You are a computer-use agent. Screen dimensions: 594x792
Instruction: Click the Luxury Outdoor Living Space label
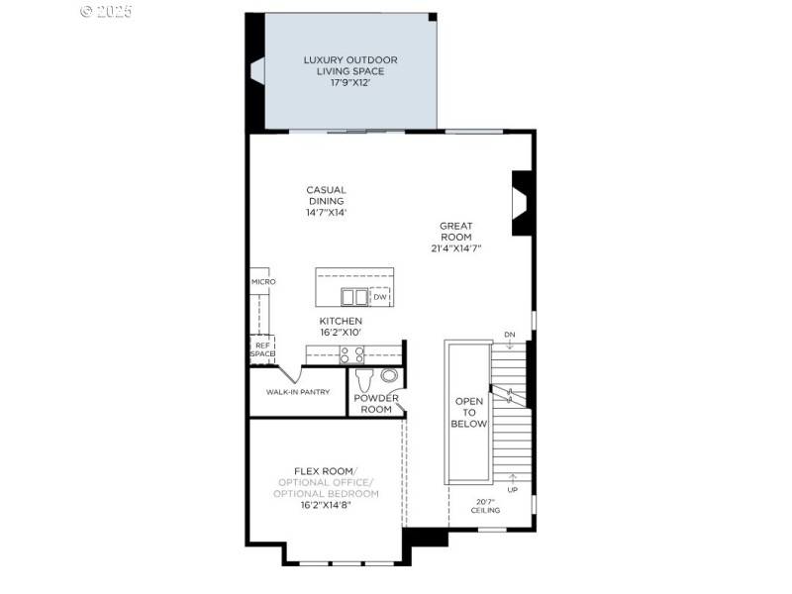coord(344,65)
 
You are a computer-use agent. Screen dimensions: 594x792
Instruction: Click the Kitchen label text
coord(340,321)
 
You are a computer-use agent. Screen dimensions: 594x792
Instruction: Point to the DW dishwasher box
coord(380,297)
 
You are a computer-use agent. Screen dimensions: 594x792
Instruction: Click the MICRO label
coord(262,282)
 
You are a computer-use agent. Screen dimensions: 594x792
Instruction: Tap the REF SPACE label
coord(262,349)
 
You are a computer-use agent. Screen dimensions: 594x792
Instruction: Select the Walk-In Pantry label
coord(297,392)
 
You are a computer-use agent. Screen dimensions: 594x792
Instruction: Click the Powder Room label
coord(376,404)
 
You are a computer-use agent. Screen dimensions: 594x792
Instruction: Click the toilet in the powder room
coord(363,380)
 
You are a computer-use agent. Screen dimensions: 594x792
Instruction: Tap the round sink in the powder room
coord(388,375)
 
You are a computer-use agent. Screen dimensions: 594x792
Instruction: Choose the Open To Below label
coord(470,412)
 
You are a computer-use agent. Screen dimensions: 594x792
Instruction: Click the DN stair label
coord(509,335)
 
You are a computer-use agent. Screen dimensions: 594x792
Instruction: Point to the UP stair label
coord(512,489)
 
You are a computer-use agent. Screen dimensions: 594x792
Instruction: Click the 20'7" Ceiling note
coord(485,506)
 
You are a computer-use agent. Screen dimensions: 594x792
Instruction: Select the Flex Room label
coord(326,470)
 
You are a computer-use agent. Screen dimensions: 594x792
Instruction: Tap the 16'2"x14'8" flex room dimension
coord(326,505)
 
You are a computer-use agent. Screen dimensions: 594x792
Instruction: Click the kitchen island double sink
coord(353,296)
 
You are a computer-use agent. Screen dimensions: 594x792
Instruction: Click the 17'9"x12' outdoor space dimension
coord(344,83)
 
